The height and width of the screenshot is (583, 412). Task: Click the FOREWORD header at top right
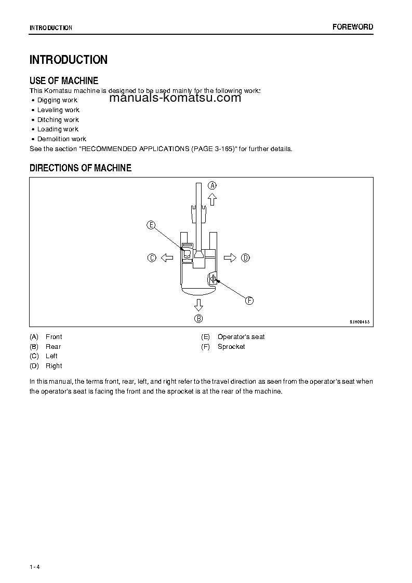[353, 27]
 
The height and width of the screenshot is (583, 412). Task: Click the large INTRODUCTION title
[69, 60]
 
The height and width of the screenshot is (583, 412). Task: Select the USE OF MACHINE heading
[64, 80]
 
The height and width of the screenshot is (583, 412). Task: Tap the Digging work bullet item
[57, 100]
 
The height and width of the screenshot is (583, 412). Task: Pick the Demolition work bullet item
[61, 139]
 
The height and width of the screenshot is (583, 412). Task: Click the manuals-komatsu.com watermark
[176, 98]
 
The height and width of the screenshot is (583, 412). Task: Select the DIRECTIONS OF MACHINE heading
[81, 168]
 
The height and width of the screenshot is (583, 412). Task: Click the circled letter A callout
[212, 185]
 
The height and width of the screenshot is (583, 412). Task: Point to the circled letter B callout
[198, 318]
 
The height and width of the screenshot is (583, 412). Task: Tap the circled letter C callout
[152, 257]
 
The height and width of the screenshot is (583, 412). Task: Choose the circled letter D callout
[246, 257]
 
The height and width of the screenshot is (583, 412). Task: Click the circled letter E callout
[151, 225]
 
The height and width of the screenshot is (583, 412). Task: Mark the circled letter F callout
[249, 301]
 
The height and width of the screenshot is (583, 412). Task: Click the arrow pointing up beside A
[212, 199]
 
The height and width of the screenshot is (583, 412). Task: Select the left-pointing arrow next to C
[166, 257]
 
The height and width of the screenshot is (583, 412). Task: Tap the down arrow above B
[198, 304]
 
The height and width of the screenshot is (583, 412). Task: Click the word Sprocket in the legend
[231, 347]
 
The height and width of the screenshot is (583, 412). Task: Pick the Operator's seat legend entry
[241, 337]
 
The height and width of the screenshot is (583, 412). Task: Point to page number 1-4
[35, 566]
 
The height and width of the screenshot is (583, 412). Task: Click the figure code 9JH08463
[359, 322]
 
